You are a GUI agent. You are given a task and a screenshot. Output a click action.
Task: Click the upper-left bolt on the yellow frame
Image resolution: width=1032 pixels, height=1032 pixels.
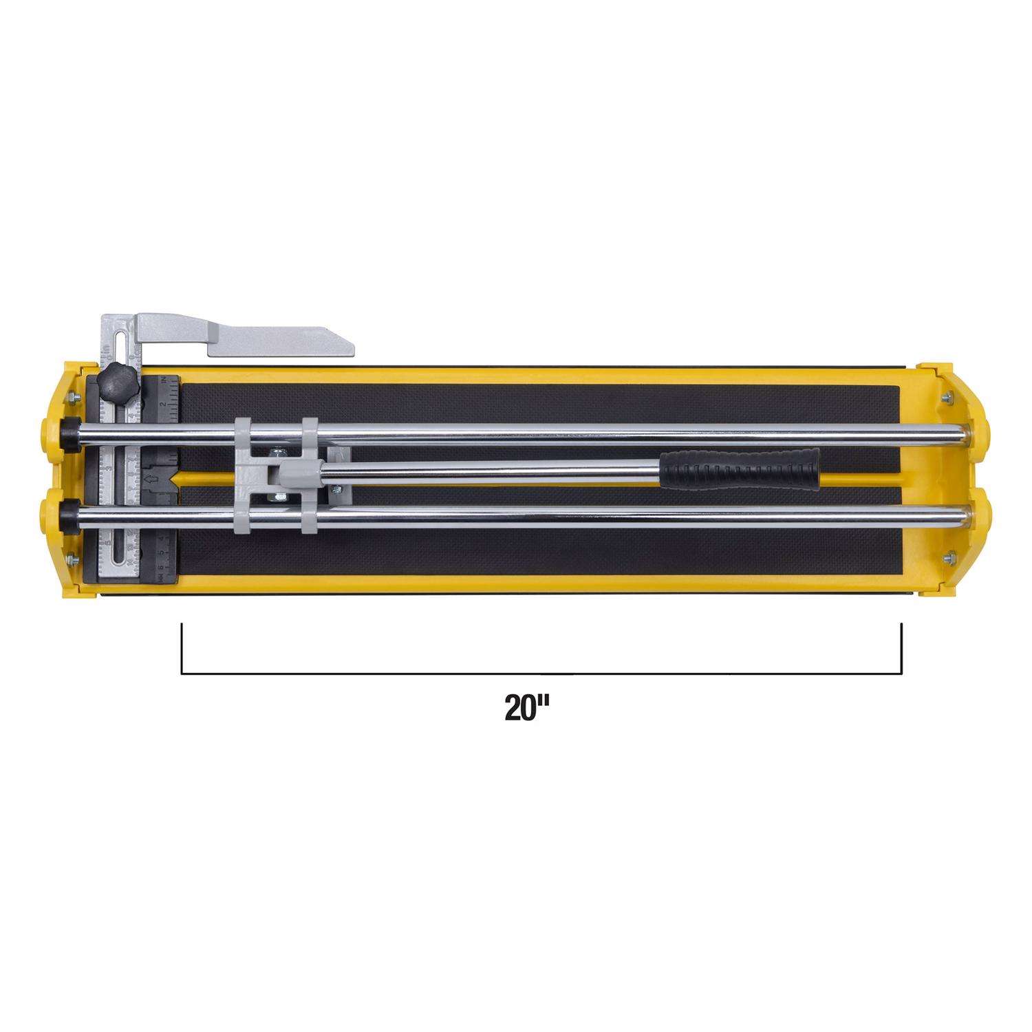tap(70, 397)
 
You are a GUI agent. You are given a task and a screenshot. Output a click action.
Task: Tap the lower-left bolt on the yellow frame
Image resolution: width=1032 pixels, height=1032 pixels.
tap(71, 559)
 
